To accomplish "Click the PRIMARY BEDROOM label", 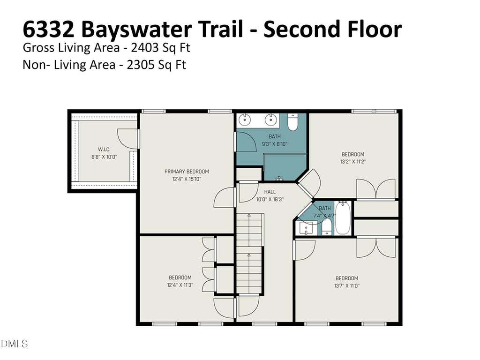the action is tap(187, 172).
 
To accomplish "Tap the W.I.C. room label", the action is tap(104, 150).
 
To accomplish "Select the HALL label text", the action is tap(270, 192).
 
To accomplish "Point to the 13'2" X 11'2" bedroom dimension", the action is tap(353, 162).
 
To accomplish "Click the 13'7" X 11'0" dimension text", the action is tap(347, 286).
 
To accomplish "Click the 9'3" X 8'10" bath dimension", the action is tap(275, 144).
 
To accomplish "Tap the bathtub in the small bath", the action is tap(343, 217).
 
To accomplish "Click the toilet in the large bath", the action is tap(293, 122).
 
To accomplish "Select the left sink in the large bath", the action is tap(245, 120).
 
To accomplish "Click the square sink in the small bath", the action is tap(306, 228).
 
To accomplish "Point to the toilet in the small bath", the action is tap(327, 226).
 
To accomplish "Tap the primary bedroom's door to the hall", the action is tap(225, 197).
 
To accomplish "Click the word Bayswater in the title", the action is tap(136, 30).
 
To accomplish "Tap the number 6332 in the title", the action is tap(48, 29).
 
